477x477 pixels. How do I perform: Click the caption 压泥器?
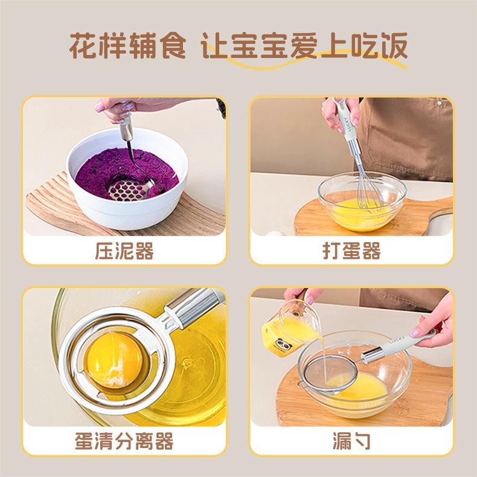[x=124, y=251]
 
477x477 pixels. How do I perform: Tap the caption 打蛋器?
[x=351, y=251]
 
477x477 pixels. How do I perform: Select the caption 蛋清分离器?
[x=124, y=441]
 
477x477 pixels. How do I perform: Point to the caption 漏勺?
[x=351, y=441]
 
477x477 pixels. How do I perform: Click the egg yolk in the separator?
[x=115, y=360]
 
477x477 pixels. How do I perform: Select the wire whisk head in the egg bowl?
[x=369, y=191]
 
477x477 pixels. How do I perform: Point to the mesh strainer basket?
[x=331, y=373]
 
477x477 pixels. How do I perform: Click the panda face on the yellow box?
[x=284, y=345]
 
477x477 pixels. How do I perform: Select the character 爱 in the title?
[x=304, y=46]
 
